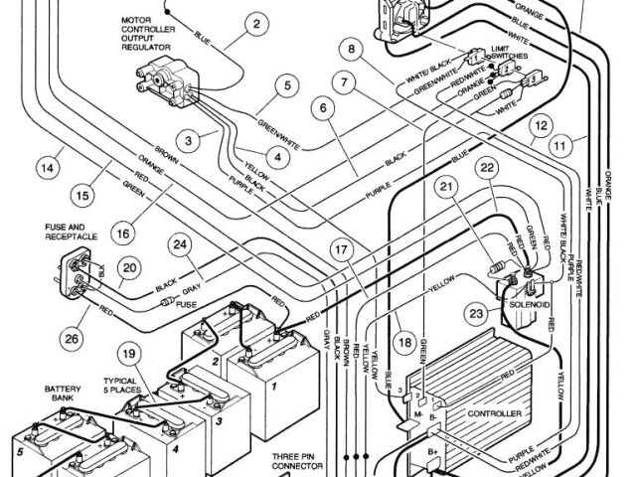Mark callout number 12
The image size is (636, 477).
click(539, 126)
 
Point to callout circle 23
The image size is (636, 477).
click(476, 315)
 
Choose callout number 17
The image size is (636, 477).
click(342, 250)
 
